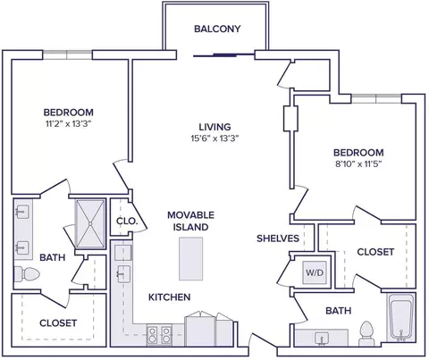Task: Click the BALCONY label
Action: coord(217,29)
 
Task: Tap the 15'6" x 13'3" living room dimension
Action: coord(215,138)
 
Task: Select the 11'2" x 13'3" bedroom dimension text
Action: coord(68,124)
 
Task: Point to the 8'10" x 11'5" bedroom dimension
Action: coord(358,164)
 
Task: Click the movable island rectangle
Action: coord(191,259)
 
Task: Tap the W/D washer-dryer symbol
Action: coord(315,272)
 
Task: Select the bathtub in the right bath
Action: coord(401,317)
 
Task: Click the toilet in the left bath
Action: coord(27,273)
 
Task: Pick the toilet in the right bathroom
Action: coord(366,333)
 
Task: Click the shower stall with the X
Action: coord(90,224)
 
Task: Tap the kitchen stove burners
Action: coord(159,335)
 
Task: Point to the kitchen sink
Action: coord(123,273)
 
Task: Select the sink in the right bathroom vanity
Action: coord(322,339)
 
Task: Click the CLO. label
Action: coord(127,222)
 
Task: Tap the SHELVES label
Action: coord(278,239)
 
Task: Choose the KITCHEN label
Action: coord(170,297)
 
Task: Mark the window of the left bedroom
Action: coord(67,54)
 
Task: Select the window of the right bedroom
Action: coord(376,98)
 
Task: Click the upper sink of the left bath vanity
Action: coord(22,212)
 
